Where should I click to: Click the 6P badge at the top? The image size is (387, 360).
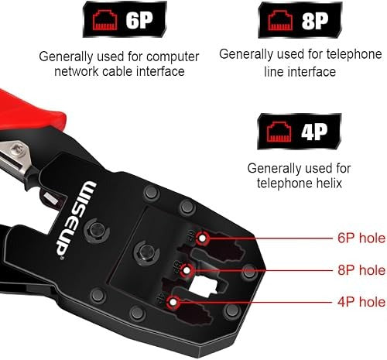pos(125,19)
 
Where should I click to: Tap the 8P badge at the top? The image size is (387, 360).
pos(300,20)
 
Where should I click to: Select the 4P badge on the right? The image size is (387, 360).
pos(300,132)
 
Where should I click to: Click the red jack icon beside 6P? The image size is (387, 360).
pos(105,20)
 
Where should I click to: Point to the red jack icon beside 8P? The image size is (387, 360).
pos(280,20)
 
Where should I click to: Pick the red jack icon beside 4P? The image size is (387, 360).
pos(279,132)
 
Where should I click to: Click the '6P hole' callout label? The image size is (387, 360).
pos(361,238)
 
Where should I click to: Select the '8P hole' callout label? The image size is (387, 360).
pos(361,270)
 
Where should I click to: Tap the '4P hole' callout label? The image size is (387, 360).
pos(361,302)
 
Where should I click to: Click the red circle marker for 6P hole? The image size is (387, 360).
pos(202,238)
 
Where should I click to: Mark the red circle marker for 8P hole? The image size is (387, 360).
pos(187,270)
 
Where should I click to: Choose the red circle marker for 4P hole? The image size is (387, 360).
pos(173,302)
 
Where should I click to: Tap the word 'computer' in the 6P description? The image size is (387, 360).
pos(173,57)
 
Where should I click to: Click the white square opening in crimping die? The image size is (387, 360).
pos(204,284)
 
